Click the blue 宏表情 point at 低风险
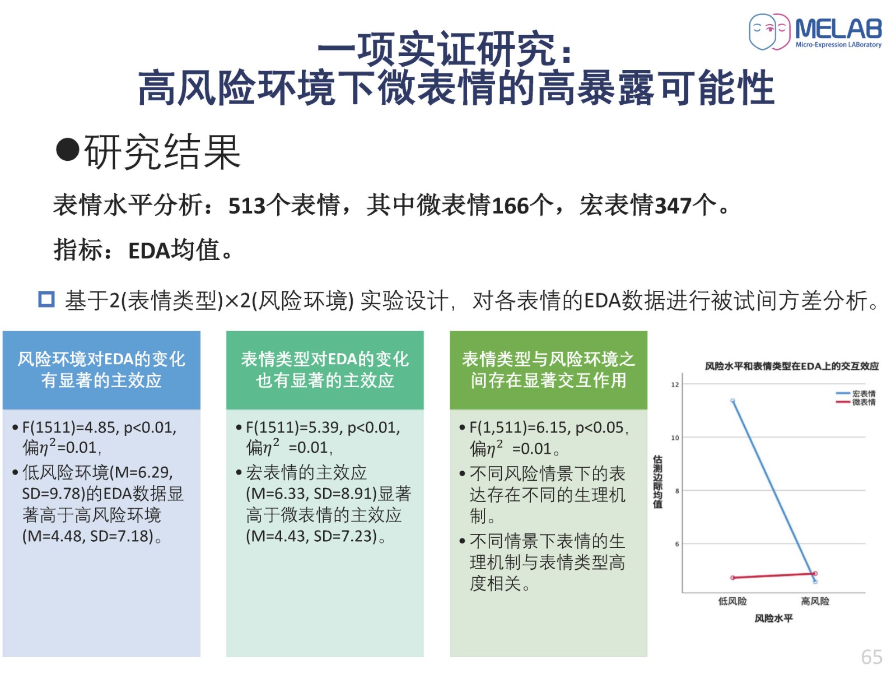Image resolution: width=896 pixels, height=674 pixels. [x=732, y=401]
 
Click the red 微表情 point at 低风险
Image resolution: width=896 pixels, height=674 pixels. [x=732, y=578]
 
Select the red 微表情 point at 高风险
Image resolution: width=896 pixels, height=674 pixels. [x=815, y=574]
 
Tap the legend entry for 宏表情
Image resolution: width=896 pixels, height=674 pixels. [x=856, y=393]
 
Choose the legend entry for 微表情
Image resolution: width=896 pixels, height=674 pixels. [x=856, y=402]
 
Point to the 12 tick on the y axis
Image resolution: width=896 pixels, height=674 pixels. [x=675, y=384]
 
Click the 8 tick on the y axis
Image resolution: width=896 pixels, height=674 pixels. [x=677, y=491]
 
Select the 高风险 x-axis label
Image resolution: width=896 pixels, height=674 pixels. [x=815, y=601]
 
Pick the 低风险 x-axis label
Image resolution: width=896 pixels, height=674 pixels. [x=732, y=601]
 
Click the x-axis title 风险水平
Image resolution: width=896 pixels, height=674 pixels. [x=773, y=618]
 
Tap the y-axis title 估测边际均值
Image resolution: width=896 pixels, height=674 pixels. [x=657, y=482]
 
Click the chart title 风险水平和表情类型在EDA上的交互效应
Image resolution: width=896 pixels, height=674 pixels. [x=791, y=366]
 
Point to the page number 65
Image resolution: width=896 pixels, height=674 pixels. [x=871, y=657]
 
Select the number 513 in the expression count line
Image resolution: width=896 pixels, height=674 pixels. [x=247, y=206]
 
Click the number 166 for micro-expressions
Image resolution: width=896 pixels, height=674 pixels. [x=510, y=206]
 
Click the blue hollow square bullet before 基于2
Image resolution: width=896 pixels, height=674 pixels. [x=46, y=299]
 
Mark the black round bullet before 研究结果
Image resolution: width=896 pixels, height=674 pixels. [x=67, y=150]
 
